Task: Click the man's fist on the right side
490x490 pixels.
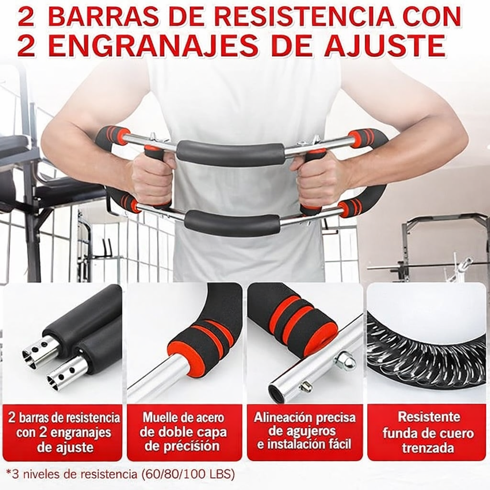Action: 319,178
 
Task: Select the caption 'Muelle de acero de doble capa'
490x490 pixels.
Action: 183,425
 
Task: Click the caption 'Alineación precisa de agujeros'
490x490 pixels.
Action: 305,424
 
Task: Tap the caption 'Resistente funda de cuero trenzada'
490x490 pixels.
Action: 428,433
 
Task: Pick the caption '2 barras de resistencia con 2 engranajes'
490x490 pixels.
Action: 64,425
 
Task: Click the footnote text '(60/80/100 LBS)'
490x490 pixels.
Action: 187,474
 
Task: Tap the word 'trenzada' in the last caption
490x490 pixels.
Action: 428,448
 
